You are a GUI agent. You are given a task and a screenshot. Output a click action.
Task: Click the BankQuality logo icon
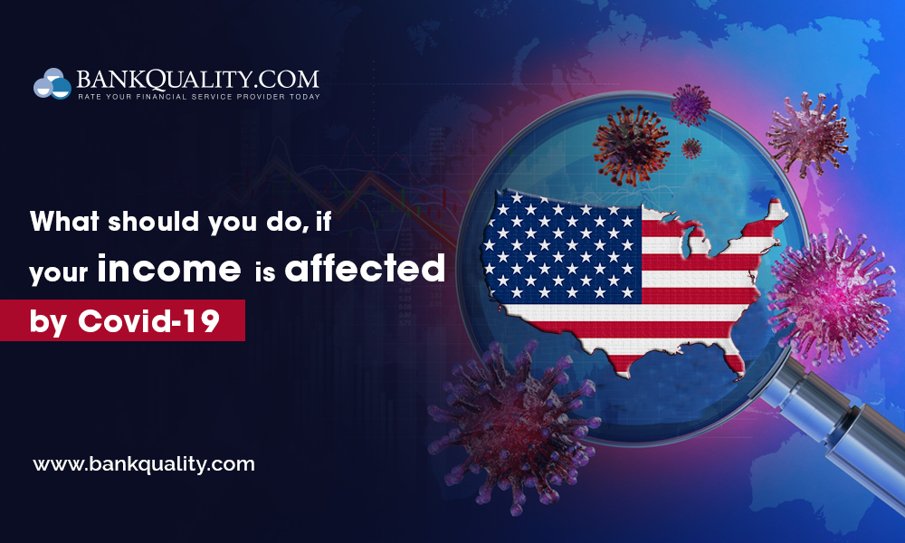(x=52, y=84)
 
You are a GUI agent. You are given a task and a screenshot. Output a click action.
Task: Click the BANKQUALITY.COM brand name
(x=197, y=78)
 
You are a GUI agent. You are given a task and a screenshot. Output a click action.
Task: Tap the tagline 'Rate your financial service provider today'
(x=198, y=96)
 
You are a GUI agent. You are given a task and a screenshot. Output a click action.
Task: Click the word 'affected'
(x=366, y=270)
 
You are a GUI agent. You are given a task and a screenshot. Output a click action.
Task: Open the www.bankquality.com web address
(x=144, y=464)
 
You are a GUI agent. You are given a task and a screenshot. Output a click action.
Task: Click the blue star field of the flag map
(x=561, y=244)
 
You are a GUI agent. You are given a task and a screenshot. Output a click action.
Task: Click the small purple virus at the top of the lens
(x=691, y=104)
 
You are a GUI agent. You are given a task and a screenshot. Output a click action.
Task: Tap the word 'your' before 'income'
(x=59, y=272)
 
